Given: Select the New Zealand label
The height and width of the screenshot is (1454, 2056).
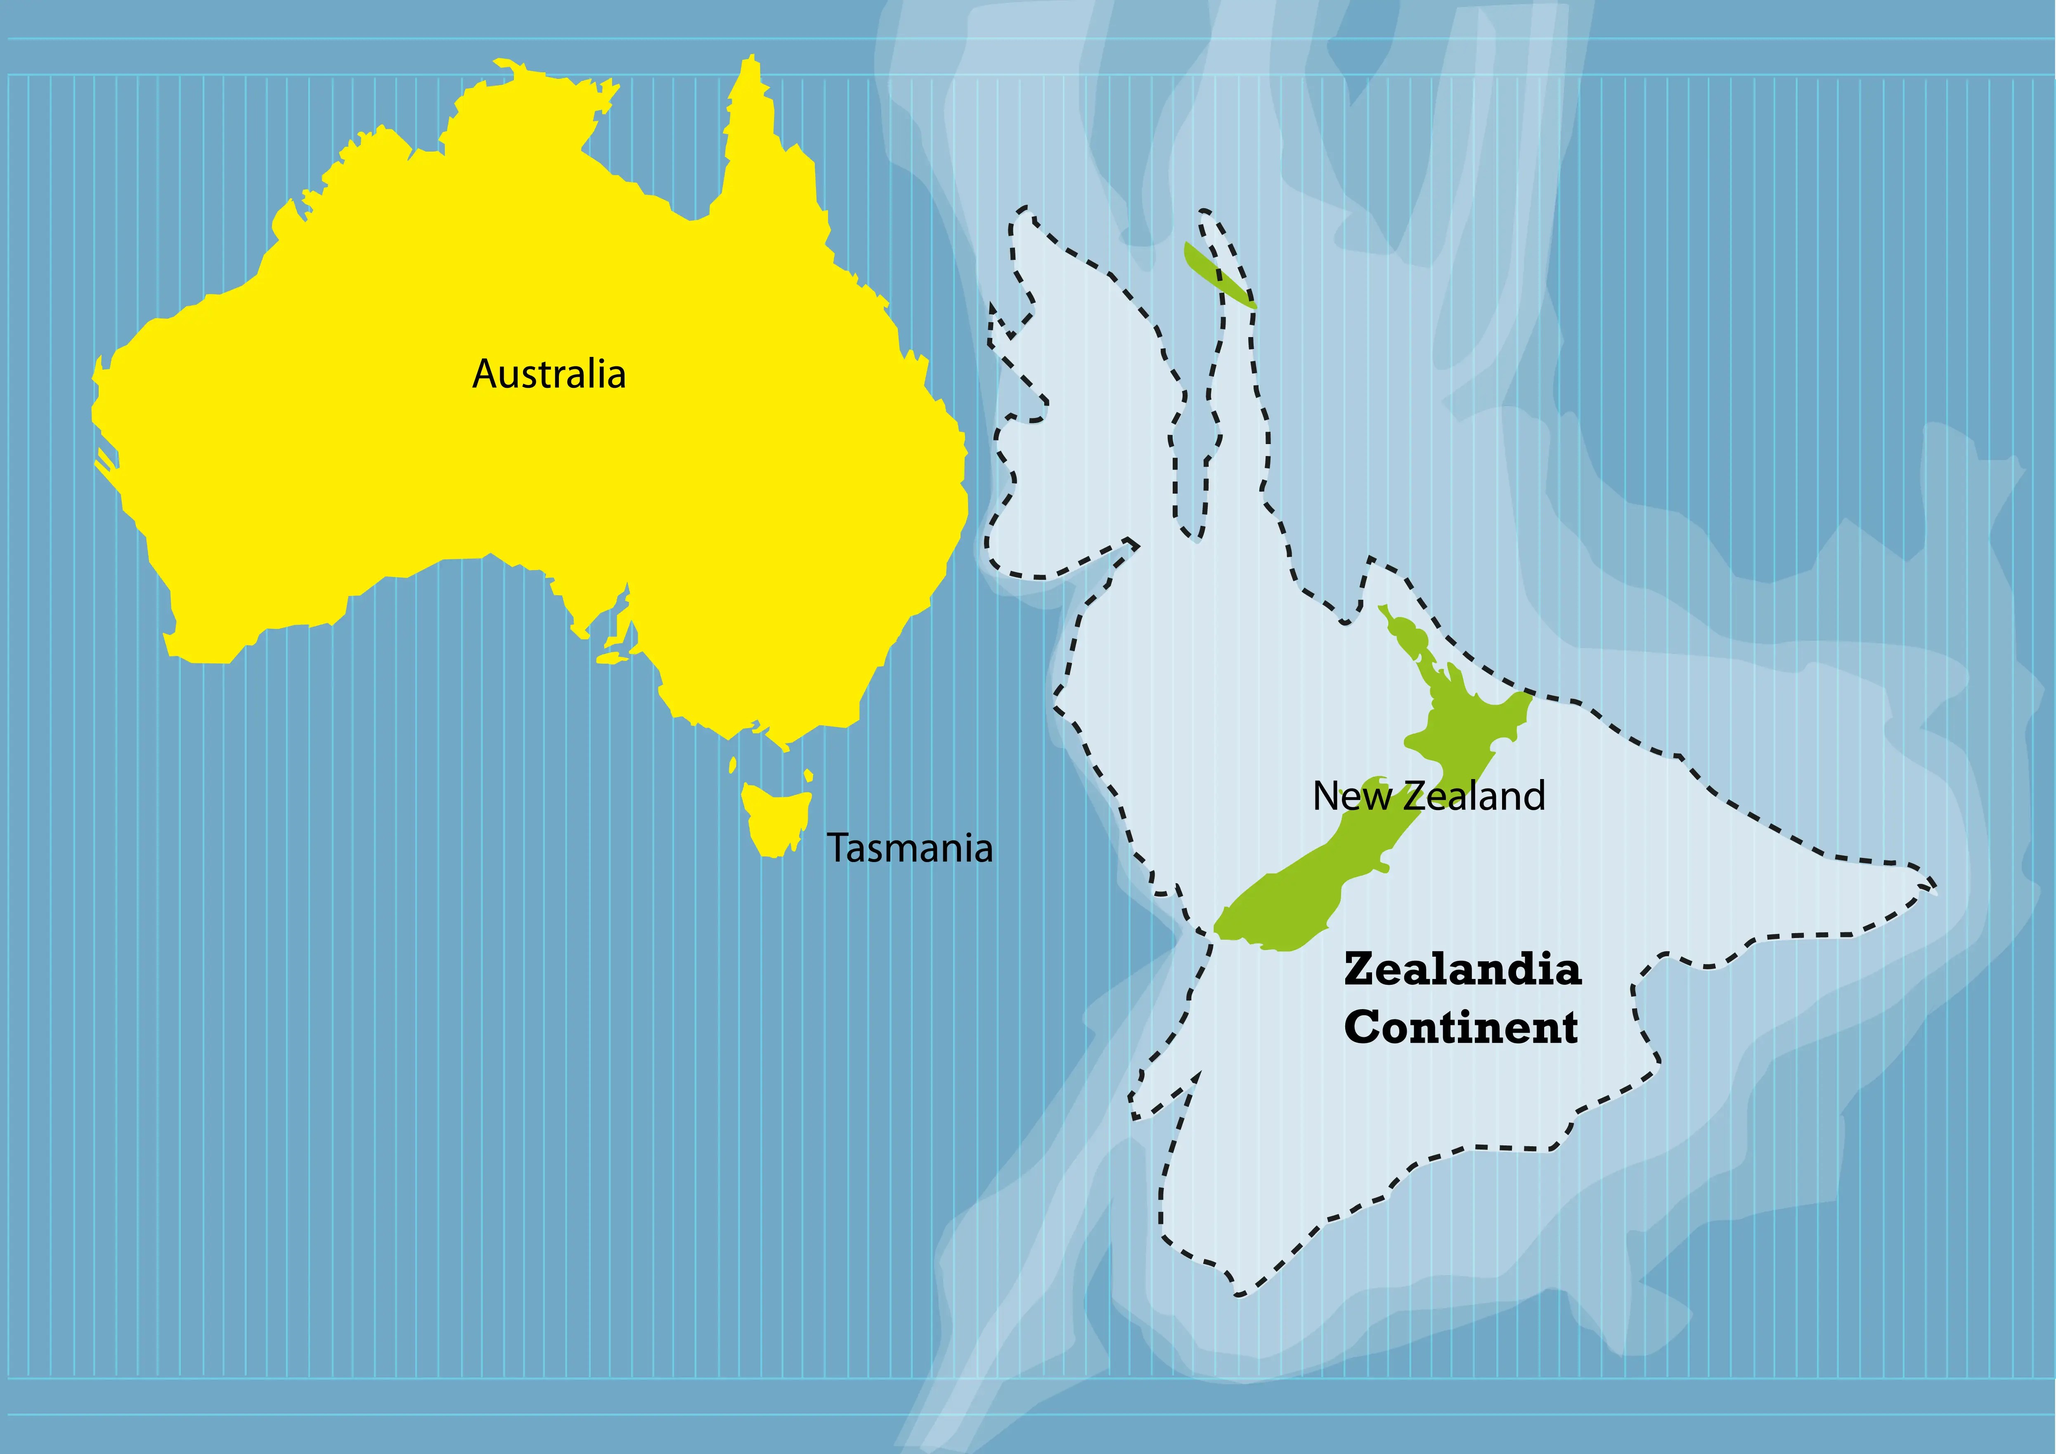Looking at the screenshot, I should coord(1428,796).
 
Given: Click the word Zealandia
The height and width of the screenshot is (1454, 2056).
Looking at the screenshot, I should coord(1462,970).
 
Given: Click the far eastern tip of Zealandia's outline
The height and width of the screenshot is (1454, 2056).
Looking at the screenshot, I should coord(1934,891).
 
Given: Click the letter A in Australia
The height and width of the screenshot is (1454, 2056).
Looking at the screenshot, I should coord(485,375).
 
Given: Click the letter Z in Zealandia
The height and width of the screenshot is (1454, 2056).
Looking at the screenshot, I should coord(1359,970).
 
